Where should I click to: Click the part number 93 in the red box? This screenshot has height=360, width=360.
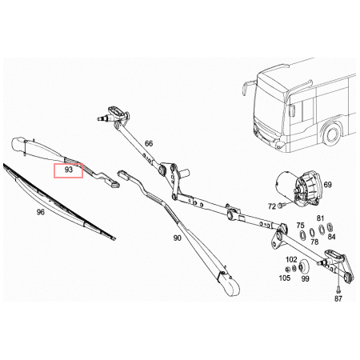point(69,170)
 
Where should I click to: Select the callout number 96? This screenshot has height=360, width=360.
point(40,212)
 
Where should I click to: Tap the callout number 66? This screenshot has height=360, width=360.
point(149,144)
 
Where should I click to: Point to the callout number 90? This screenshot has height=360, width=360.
point(178,238)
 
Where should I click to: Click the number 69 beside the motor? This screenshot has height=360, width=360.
point(328,185)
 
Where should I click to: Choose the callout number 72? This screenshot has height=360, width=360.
point(272,206)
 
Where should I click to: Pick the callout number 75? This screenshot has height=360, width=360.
point(300,226)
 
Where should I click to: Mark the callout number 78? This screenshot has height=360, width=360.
point(314,242)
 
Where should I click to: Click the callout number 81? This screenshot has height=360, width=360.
point(320,218)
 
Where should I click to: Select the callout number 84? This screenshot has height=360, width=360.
point(331,237)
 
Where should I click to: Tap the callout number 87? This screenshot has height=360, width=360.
point(338,298)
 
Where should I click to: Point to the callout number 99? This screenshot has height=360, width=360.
point(305,278)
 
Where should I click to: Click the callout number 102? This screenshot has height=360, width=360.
point(291,259)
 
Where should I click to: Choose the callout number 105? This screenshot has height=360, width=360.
point(285,278)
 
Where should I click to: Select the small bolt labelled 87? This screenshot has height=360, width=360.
point(338,289)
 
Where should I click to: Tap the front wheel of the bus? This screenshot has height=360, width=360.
point(332,134)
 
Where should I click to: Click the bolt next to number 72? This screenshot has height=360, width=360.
point(282,206)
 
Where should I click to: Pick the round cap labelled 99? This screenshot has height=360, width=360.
point(303,266)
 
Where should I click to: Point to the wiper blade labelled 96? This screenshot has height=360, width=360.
point(59,202)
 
